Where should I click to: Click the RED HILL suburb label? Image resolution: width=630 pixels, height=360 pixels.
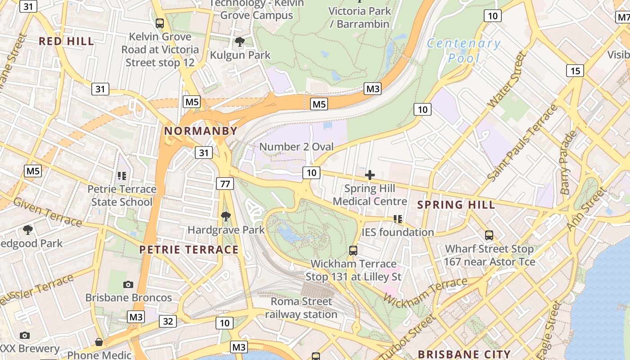pyautogui.click(x=66, y=41)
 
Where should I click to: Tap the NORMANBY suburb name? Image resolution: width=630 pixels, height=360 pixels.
pyautogui.click(x=200, y=131)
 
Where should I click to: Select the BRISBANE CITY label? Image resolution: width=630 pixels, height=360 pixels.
pyautogui.click(x=464, y=354)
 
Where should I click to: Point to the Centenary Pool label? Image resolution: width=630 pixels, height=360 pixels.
pyautogui.click(x=463, y=50)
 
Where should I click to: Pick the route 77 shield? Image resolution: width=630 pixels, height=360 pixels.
pyautogui.click(x=225, y=183)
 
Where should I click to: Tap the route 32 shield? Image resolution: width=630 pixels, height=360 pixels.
pyautogui.click(x=168, y=321)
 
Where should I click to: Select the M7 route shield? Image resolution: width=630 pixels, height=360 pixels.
pyautogui.click(x=623, y=17)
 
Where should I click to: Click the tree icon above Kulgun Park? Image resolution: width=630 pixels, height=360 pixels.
pyautogui.click(x=240, y=42)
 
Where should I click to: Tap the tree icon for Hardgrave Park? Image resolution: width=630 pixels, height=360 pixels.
pyautogui.click(x=226, y=216)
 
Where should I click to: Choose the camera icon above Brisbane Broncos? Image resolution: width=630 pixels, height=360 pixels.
pyautogui.click(x=128, y=284)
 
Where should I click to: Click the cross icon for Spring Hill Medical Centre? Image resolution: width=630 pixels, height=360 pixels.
pyautogui.click(x=370, y=175)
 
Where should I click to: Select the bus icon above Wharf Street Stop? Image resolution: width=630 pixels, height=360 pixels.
pyautogui.click(x=489, y=235)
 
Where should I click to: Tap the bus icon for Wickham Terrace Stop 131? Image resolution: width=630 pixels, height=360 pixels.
pyautogui.click(x=353, y=250)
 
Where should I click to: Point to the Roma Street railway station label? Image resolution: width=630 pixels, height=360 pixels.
pyautogui.click(x=301, y=308)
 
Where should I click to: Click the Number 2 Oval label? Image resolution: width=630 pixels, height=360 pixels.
pyautogui.click(x=297, y=147)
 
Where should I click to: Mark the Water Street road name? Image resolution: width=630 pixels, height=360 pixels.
pyautogui.click(x=507, y=80)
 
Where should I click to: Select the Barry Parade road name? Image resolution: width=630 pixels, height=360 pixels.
pyautogui.click(x=568, y=162)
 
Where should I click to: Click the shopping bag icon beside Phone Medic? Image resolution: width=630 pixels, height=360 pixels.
pyautogui.click(x=99, y=342)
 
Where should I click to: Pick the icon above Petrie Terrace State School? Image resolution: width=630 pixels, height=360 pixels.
pyautogui.click(x=122, y=175)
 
